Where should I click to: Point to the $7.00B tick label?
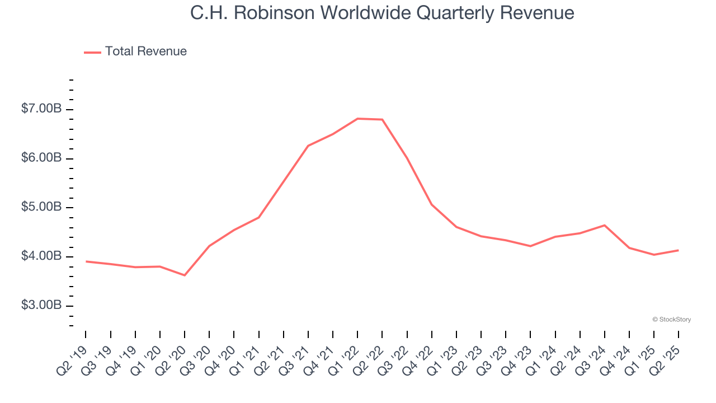point(41,109)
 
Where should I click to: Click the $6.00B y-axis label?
point(41,158)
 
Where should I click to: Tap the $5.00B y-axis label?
point(41,208)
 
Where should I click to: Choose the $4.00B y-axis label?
point(41,256)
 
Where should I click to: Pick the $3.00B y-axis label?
point(41,306)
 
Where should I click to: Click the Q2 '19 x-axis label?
point(73,355)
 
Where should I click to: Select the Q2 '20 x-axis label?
point(171,355)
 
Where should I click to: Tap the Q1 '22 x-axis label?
point(344,355)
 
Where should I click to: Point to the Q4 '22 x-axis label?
point(418,355)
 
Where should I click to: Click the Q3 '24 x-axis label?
point(591,355)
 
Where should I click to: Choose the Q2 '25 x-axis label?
point(665,355)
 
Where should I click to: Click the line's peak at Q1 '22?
point(357,119)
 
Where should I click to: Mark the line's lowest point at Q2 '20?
point(185,275)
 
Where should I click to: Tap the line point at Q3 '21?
point(308,146)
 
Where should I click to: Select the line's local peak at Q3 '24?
point(605,225)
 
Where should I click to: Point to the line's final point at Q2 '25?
point(679,250)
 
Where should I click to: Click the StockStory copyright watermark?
point(671,320)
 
